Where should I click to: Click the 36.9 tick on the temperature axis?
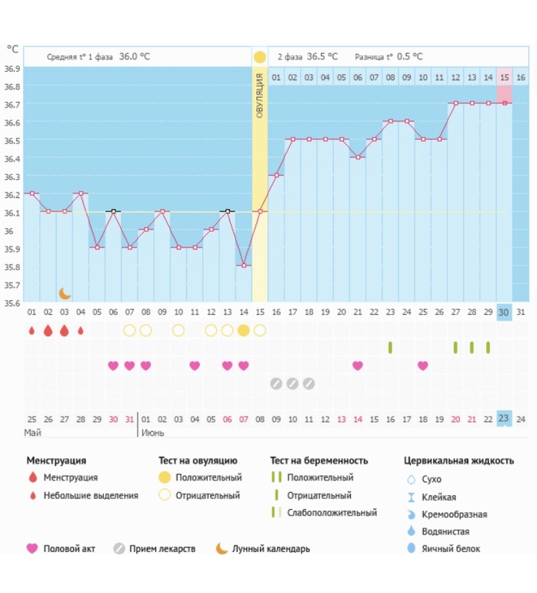pyautogui.click(x=12, y=69)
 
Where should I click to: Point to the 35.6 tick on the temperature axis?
pyautogui.click(x=12, y=303)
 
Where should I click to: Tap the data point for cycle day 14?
pyautogui.click(x=244, y=266)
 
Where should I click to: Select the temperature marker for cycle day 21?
pyautogui.click(x=358, y=158)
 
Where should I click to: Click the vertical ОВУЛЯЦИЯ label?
pyautogui.click(x=260, y=95)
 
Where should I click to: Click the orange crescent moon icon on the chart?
pyautogui.click(x=65, y=293)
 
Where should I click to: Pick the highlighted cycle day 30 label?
pyautogui.click(x=505, y=312)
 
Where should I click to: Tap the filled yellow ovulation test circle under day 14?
pyautogui.click(x=244, y=330)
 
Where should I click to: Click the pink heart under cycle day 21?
pyautogui.click(x=358, y=366)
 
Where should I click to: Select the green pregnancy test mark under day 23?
pyautogui.click(x=390, y=347)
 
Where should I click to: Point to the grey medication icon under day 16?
pyautogui.click(x=276, y=383)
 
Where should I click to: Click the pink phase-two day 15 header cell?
pyautogui.click(x=505, y=78)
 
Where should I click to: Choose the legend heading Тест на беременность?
pyautogui.click(x=319, y=461)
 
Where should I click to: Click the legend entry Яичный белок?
pyautogui.click(x=454, y=549)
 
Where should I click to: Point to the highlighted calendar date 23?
pyautogui.click(x=505, y=419)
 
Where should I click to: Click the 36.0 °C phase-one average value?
pyautogui.click(x=134, y=56)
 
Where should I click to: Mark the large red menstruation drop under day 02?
pyautogui.click(x=48, y=330)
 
